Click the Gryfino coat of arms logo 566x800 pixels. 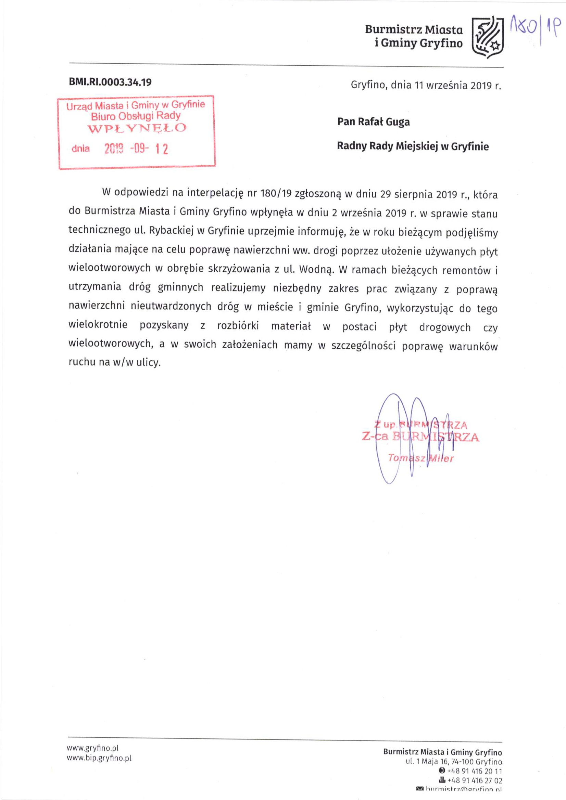pyautogui.click(x=488, y=35)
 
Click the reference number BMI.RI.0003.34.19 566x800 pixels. pyautogui.click(x=110, y=82)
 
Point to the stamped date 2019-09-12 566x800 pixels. pyautogui.click(x=136, y=149)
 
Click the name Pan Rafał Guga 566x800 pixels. pyautogui.click(x=373, y=122)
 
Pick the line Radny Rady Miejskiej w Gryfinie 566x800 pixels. pyautogui.click(x=413, y=146)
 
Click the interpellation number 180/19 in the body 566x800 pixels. pyautogui.click(x=276, y=194)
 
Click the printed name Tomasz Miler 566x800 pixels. pyautogui.click(x=421, y=458)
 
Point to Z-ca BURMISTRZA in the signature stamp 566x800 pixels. pyautogui.click(x=420, y=437)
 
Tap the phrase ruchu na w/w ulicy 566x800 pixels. pyautogui.click(x=115, y=362)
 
